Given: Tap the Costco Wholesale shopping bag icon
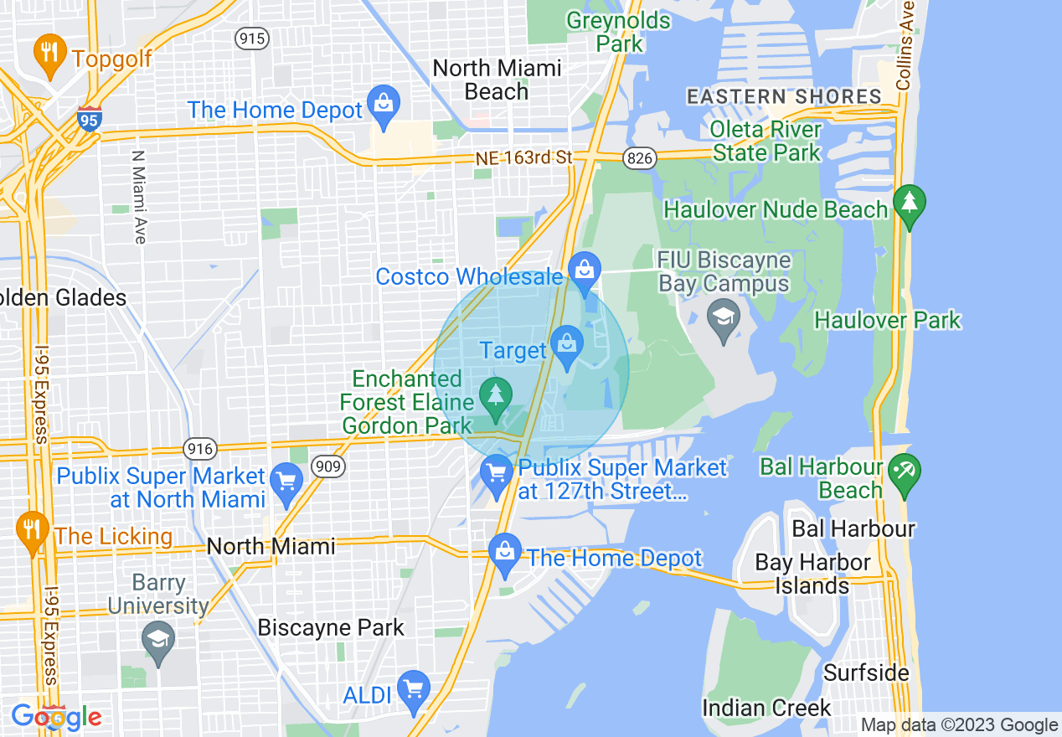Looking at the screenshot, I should click(584, 270).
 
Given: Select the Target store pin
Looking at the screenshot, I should click(567, 346).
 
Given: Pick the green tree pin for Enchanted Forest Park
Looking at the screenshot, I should click(496, 396).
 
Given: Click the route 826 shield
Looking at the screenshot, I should click(638, 157).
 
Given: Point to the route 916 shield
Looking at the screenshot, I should click(201, 449).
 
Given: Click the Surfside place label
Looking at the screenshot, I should click(866, 673).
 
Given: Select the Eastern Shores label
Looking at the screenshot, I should click(784, 96).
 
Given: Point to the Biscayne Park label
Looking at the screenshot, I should click(331, 627).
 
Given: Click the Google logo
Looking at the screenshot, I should click(56, 717).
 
